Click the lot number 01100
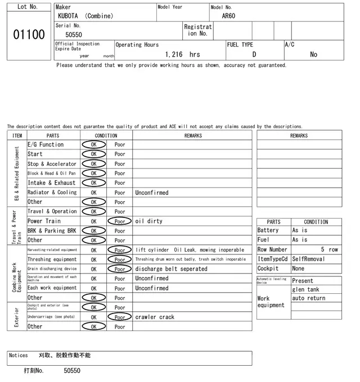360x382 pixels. [x=29, y=35]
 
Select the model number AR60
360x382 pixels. [x=228, y=16]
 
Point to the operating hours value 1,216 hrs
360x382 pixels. [x=182, y=54]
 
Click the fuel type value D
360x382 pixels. [x=254, y=54]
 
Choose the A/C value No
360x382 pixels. [x=313, y=54]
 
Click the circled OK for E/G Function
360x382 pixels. [x=94, y=145]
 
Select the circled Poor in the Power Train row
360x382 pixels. [x=120, y=221]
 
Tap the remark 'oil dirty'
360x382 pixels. [x=148, y=221]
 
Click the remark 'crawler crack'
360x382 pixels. [x=155, y=317]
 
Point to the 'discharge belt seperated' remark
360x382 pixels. [x=171, y=269]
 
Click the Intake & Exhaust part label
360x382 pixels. [x=51, y=183]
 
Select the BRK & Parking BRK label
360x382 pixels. [x=52, y=231]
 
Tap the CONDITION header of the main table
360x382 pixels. [x=106, y=135]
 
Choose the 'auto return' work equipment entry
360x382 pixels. [x=309, y=298]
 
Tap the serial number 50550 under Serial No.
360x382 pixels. [x=73, y=35]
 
